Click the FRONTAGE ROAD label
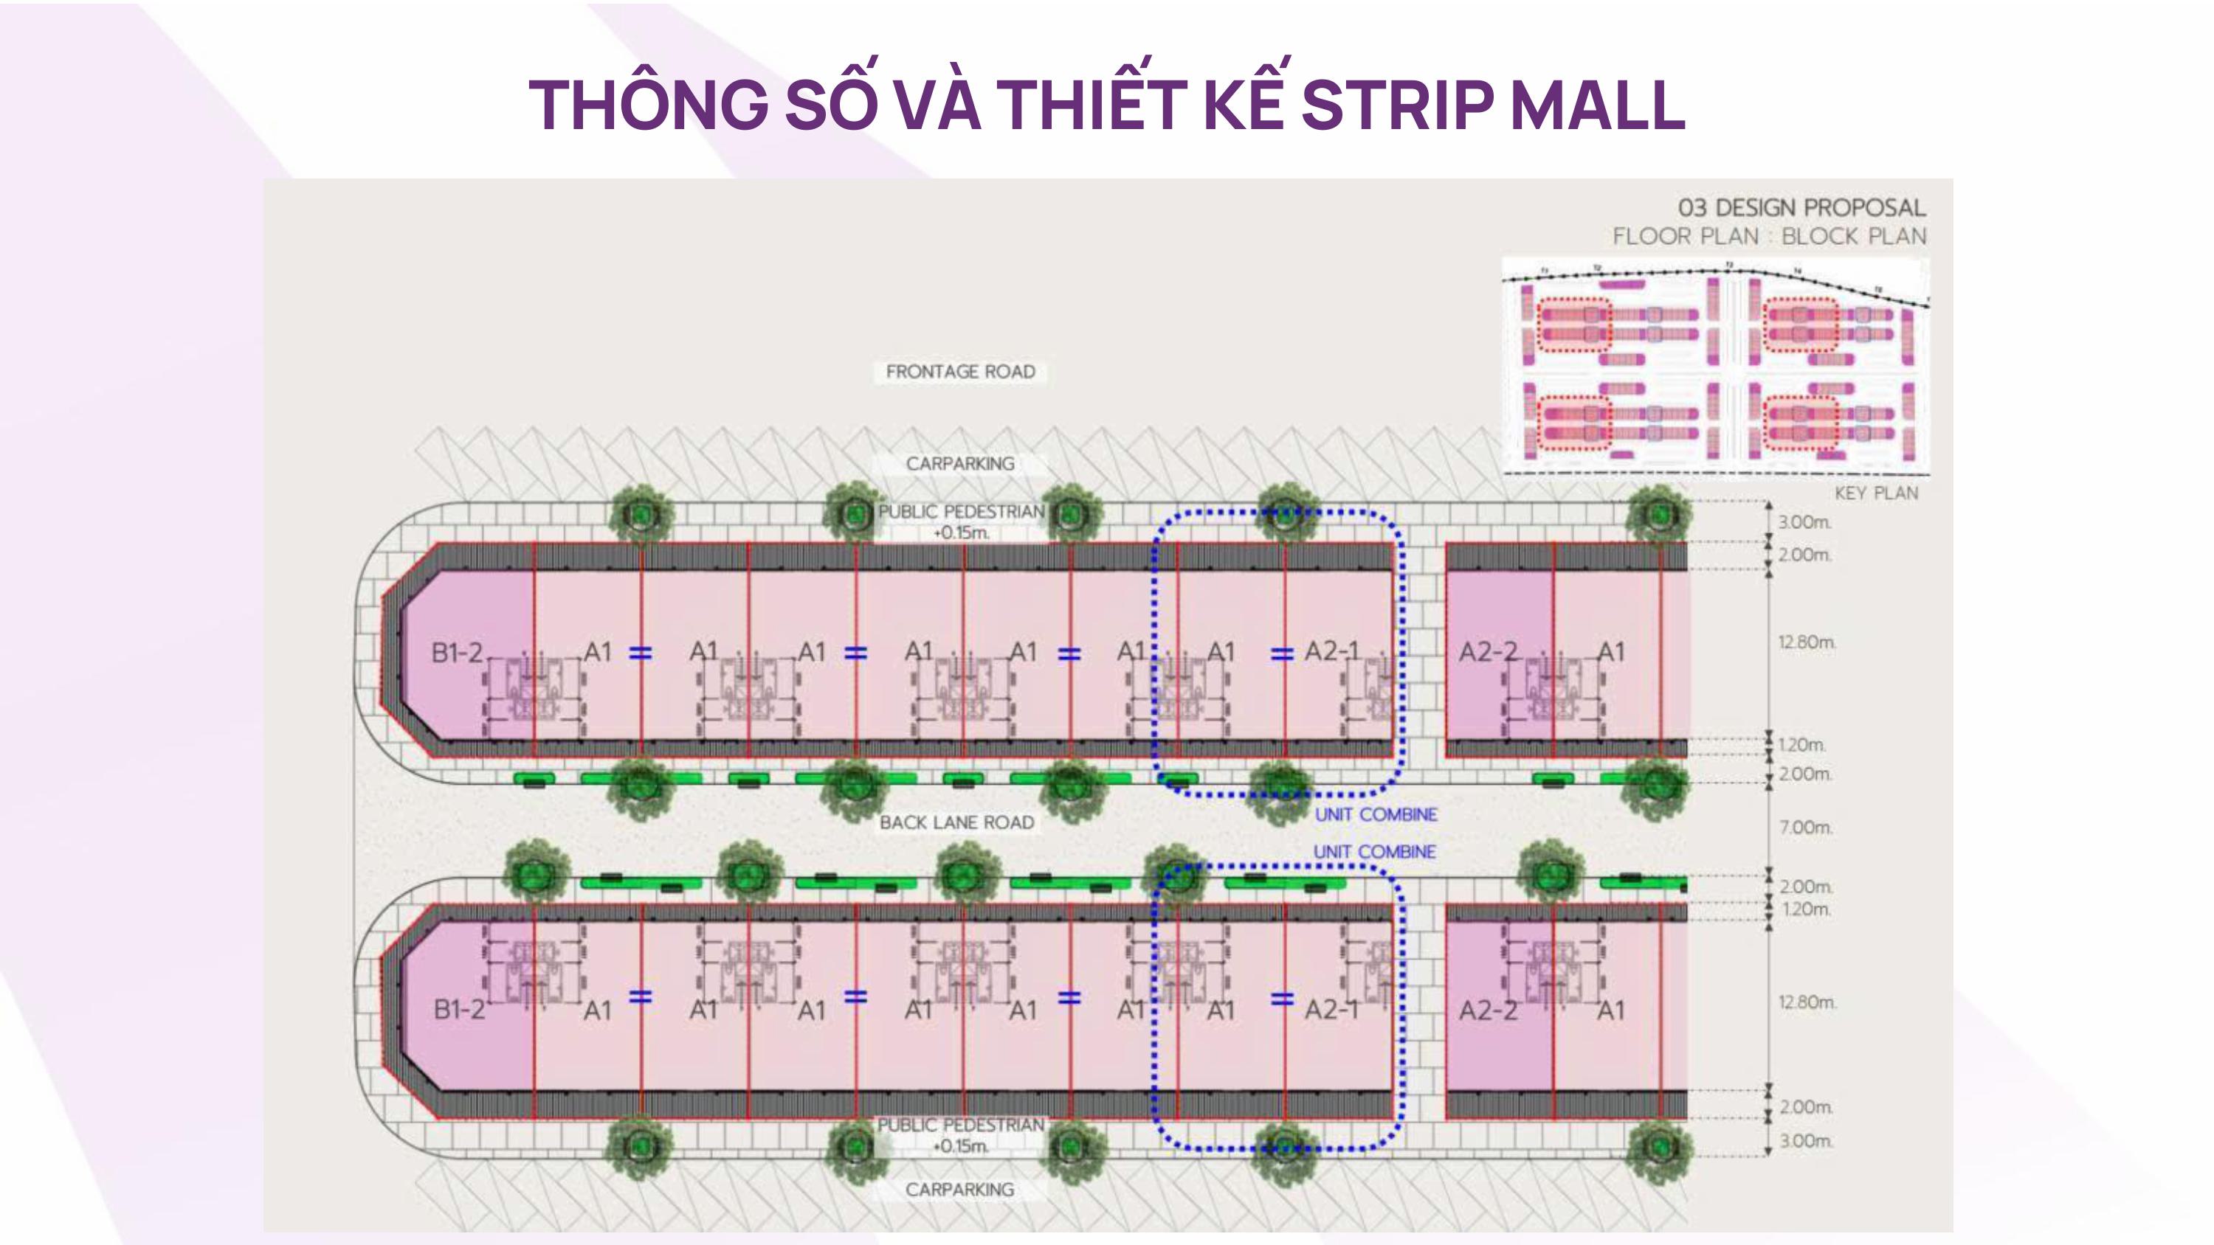[x=960, y=372]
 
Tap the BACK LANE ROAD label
[x=956, y=822]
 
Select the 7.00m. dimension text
[x=1806, y=828]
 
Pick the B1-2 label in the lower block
[x=459, y=1009]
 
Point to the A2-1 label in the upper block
[x=1331, y=651]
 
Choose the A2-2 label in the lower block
[x=1488, y=1010]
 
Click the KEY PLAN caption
[x=1876, y=493]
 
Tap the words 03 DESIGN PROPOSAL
[x=1801, y=208]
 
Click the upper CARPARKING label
[x=960, y=464]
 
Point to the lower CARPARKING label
[x=959, y=1189]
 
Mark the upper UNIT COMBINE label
[x=1375, y=814]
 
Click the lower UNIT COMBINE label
[x=1374, y=851]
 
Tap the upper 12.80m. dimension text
[x=1807, y=642]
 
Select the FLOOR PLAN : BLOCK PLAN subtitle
[x=1769, y=236]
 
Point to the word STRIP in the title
[x=1396, y=105]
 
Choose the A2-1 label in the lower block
[x=1331, y=1009]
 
